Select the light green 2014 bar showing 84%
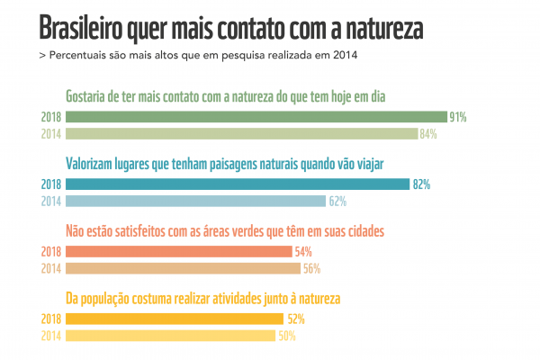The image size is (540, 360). pos(241,134)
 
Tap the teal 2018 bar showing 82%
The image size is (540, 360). pos(238,184)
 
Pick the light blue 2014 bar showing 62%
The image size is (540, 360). pos(195,201)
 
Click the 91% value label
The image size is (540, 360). pos(458,117)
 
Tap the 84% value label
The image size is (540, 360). pos(428,134)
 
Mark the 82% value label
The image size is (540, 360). pos(421,184)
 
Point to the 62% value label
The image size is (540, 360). pos(337,201)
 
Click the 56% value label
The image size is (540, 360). pos(311,268)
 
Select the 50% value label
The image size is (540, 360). pos(286,336)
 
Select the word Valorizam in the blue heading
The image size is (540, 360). pos(94,164)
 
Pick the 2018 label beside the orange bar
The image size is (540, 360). pos(50,252)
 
